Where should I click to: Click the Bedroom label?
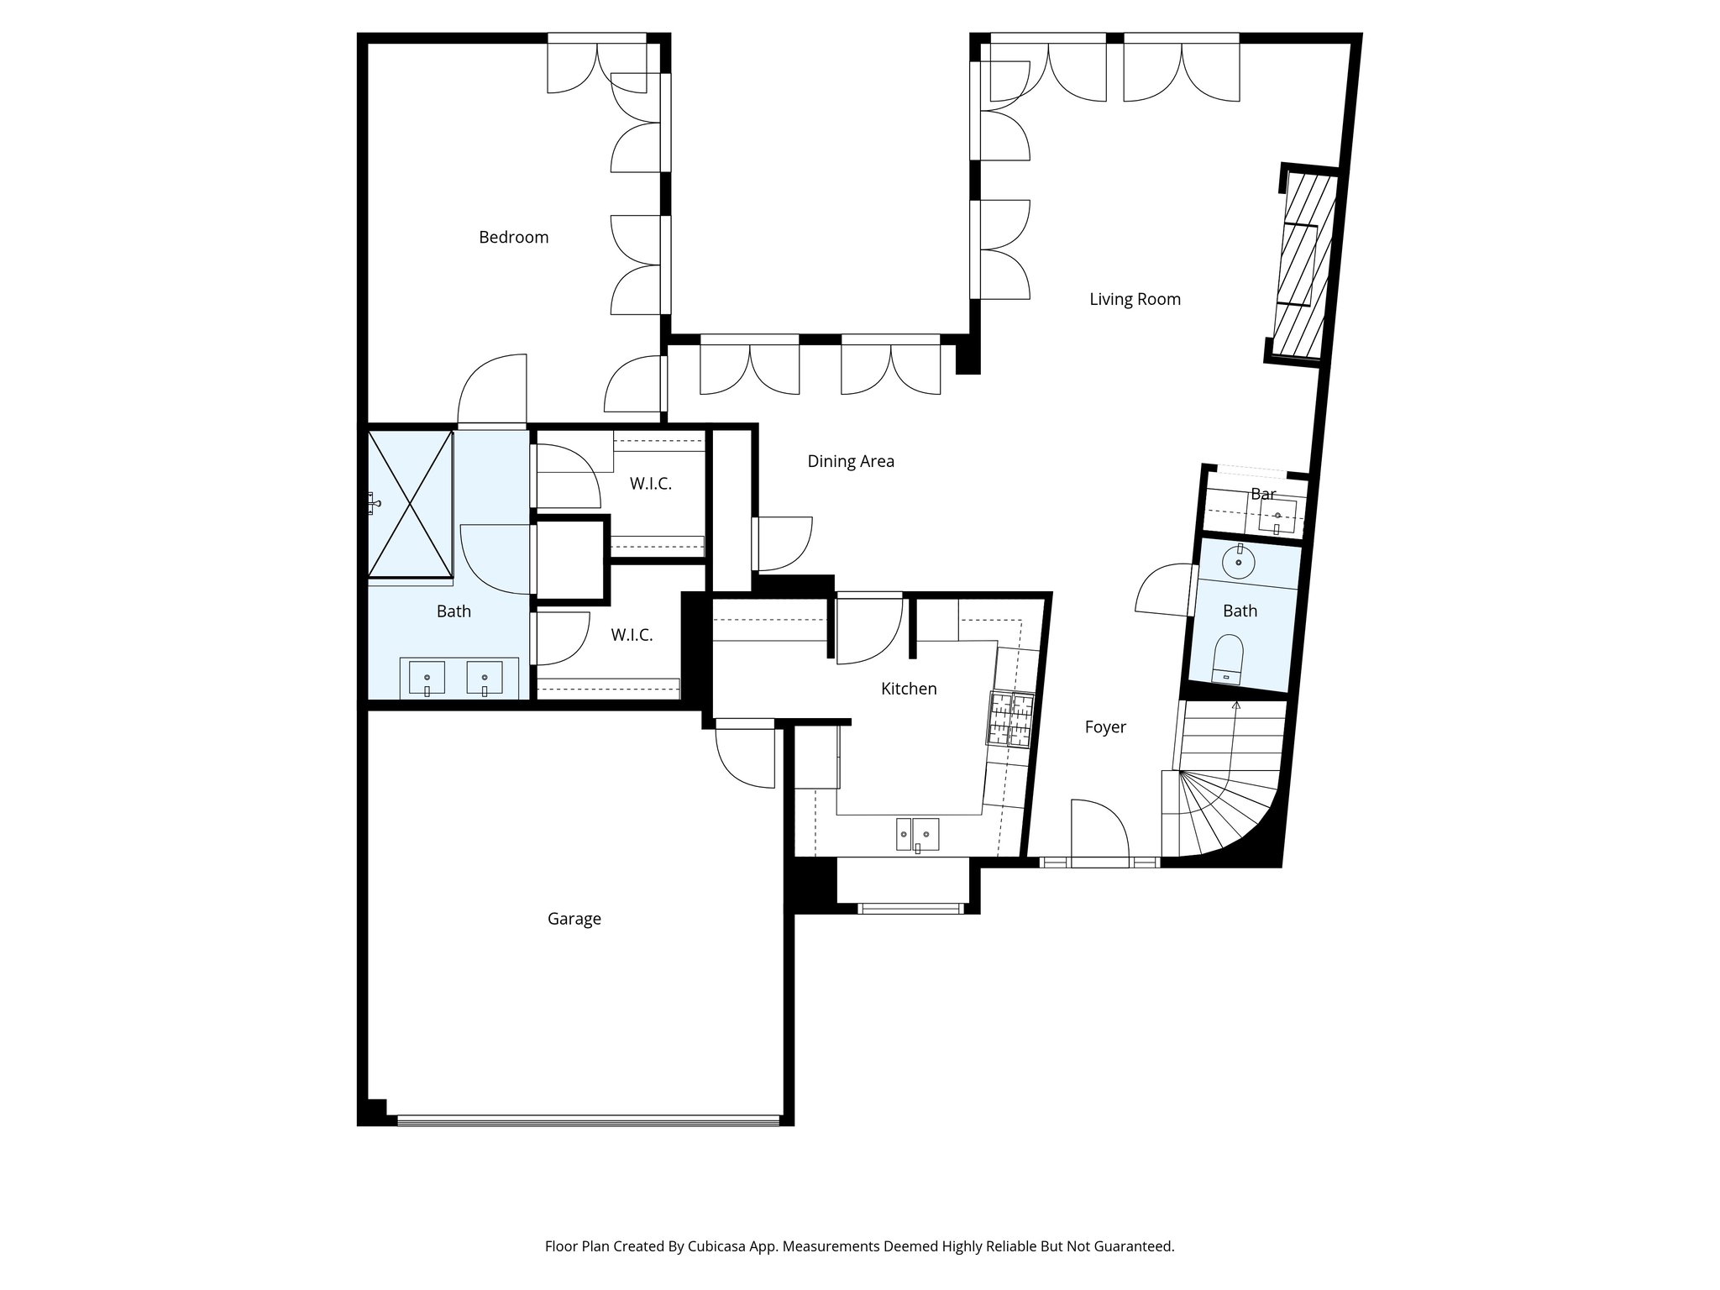pyautogui.click(x=513, y=238)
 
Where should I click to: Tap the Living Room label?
pyautogui.click(x=1135, y=300)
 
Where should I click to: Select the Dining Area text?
pyautogui.click(x=850, y=461)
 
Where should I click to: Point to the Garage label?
pyautogui.click(x=574, y=919)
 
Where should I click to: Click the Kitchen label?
pyautogui.click(x=908, y=689)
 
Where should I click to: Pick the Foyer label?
pyautogui.click(x=1104, y=727)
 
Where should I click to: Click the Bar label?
pyautogui.click(x=1262, y=494)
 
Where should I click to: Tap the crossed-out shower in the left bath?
pyautogui.click(x=410, y=504)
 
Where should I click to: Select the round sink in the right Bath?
pyautogui.click(x=1238, y=561)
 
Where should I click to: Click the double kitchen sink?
pyautogui.click(x=916, y=834)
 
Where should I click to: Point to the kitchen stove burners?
pyautogui.click(x=1011, y=719)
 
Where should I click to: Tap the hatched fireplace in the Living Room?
pyautogui.click(x=1302, y=265)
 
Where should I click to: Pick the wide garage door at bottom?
pyautogui.click(x=588, y=1120)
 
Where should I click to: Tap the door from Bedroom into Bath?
pyautogui.click(x=493, y=391)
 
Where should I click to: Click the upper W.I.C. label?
pyautogui.click(x=650, y=485)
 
